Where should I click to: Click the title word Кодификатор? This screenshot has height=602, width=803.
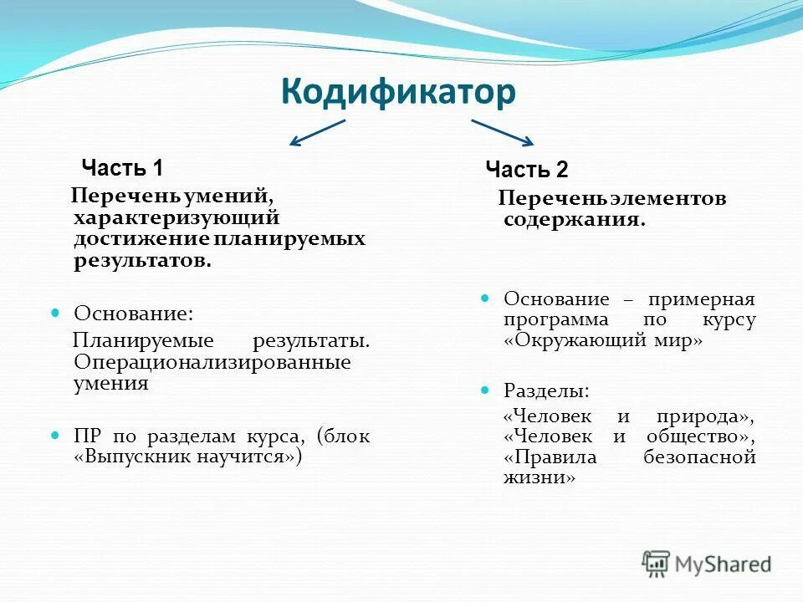(x=397, y=92)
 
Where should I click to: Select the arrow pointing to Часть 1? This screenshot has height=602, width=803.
(x=317, y=133)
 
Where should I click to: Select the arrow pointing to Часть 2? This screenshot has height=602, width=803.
(x=502, y=132)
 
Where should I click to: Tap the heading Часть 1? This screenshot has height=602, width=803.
(x=122, y=168)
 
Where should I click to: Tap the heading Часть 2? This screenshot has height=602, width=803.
(x=527, y=171)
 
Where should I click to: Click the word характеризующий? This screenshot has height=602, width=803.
(x=176, y=217)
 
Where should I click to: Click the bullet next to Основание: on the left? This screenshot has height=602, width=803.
(x=56, y=313)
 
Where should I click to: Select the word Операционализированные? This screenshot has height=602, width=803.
(x=212, y=363)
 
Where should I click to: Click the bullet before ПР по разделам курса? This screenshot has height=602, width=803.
(x=56, y=436)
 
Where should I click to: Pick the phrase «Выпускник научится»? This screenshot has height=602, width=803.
(x=188, y=457)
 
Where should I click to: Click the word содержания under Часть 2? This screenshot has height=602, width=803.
(x=575, y=220)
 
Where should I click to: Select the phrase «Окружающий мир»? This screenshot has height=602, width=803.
(x=603, y=341)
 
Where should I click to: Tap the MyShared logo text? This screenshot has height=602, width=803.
(x=723, y=564)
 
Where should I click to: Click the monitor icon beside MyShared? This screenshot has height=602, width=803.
(x=656, y=563)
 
